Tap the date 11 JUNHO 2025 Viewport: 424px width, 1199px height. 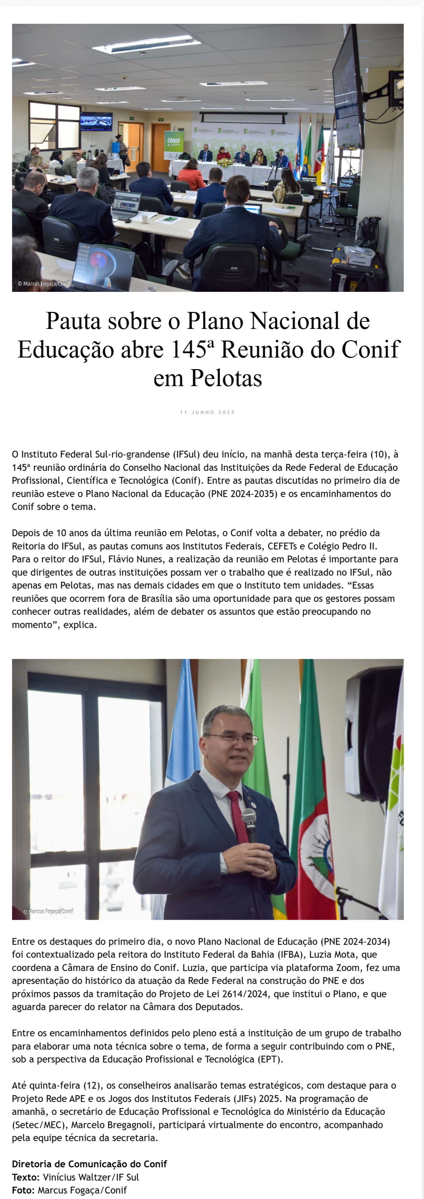click(x=207, y=412)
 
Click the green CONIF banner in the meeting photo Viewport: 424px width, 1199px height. click(x=174, y=144)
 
